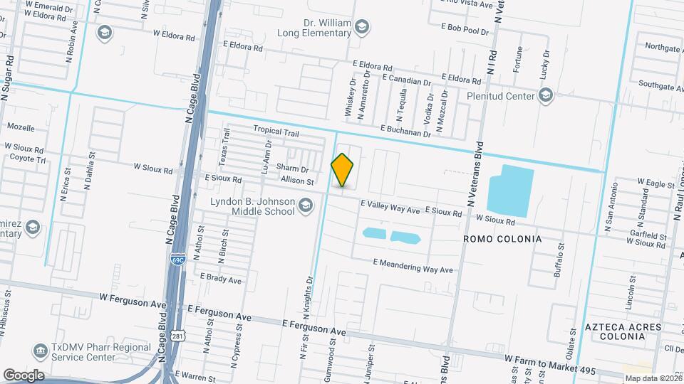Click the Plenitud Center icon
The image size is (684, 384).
pyautogui.click(x=546, y=95)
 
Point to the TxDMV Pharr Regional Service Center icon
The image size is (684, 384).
pyautogui.click(x=39, y=351)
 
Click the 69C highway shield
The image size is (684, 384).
pyautogui.click(x=177, y=260)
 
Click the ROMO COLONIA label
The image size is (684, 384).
pyautogui.click(x=502, y=239)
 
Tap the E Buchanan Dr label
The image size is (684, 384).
pyautogui.click(x=406, y=129)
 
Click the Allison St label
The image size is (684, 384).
pyautogui.click(x=297, y=181)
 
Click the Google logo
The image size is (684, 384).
pyautogui.click(x=24, y=375)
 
